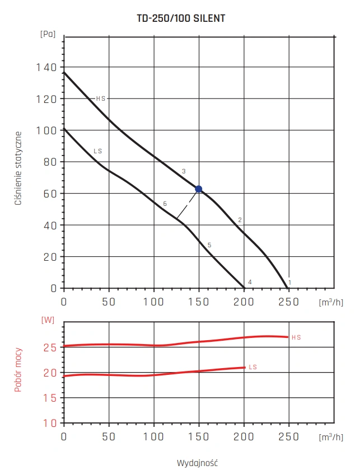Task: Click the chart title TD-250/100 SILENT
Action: point(181,18)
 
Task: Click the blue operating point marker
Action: point(198,189)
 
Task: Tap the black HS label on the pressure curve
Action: point(101,98)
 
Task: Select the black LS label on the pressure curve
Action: point(97,152)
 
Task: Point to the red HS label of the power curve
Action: point(296,337)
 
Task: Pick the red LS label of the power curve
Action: point(253,367)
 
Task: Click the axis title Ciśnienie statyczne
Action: point(19,168)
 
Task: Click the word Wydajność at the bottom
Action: point(197,463)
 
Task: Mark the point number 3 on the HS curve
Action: point(183,171)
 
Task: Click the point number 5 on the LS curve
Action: point(209,245)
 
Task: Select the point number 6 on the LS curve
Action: point(165,204)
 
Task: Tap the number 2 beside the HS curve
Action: point(240,220)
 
